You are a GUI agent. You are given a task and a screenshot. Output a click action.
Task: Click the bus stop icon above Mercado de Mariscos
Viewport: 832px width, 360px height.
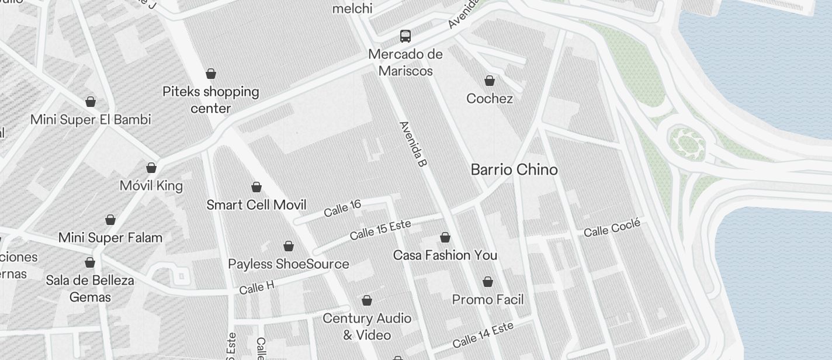pos(405,36)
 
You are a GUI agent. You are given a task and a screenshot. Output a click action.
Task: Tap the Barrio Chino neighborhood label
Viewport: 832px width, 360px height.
pos(514,170)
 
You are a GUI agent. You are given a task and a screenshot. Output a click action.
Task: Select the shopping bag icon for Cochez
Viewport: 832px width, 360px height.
pos(490,81)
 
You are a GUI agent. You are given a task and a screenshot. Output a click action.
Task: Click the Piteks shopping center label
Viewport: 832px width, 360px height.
pos(211,100)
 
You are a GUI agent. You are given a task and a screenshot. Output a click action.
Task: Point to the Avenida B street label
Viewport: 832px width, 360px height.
pos(412,144)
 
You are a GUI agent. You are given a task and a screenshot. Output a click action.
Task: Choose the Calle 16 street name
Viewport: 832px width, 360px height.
pos(342,208)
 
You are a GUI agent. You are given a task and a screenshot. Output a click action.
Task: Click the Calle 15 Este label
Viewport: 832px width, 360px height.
pos(380,230)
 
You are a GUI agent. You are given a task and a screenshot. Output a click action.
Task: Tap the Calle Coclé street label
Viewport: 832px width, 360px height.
pos(612,228)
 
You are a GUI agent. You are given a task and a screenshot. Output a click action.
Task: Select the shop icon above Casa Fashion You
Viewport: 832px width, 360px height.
pos(445,237)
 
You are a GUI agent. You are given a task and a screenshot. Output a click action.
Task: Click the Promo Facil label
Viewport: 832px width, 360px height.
pos(488,300)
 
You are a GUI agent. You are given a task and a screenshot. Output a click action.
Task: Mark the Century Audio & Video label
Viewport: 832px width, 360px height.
pos(367,327)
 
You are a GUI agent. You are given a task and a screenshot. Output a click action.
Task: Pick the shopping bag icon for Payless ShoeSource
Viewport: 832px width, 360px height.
pos(289,246)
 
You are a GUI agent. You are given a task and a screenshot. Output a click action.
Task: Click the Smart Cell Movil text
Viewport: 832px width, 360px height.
pos(256,205)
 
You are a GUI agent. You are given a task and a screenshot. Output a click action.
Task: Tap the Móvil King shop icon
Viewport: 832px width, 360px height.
pos(151,168)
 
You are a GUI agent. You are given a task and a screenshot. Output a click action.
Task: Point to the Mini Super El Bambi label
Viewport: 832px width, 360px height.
pos(91,120)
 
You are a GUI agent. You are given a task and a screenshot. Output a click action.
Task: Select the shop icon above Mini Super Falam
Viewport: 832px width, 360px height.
pos(110,220)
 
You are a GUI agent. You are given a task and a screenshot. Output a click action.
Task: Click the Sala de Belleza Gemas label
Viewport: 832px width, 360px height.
pos(90,289)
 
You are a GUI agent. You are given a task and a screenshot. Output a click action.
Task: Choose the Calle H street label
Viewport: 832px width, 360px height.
pos(256,288)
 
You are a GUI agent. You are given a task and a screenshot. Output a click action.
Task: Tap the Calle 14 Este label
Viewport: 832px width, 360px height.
pos(483,334)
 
